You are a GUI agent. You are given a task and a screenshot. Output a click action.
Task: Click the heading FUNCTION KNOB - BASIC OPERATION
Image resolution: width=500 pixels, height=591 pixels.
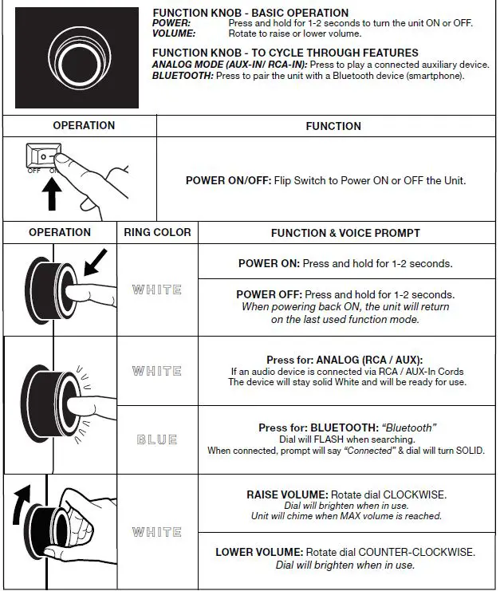pyautogui.click(x=250, y=13)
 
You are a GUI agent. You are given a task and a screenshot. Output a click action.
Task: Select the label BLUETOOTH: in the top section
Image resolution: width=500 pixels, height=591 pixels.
pyautogui.click(x=182, y=75)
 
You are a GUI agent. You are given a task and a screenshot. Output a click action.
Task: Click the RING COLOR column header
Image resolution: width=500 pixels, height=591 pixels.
pyautogui.click(x=157, y=232)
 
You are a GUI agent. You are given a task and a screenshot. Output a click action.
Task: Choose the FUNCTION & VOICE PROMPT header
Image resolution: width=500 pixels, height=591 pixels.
pyautogui.click(x=345, y=233)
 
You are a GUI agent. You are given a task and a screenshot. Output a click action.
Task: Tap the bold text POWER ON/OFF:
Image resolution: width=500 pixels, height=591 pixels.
pyautogui.click(x=227, y=180)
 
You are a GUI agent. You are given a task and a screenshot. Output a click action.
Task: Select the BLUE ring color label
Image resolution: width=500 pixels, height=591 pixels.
pyautogui.click(x=157, y=439)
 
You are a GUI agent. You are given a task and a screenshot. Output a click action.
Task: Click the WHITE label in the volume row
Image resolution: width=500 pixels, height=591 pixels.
pyautogui.click(x=157, y=532)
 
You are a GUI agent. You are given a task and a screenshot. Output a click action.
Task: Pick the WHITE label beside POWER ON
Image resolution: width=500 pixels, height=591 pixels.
pyautogui.click(x=157, y=290)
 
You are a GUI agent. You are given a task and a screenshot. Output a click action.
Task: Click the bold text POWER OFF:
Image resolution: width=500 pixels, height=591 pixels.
pyautogui.click(x=269, y=294)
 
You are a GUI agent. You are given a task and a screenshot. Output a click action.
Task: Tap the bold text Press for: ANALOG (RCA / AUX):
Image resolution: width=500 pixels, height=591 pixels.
pyautogui.click(x=344, y=360)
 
